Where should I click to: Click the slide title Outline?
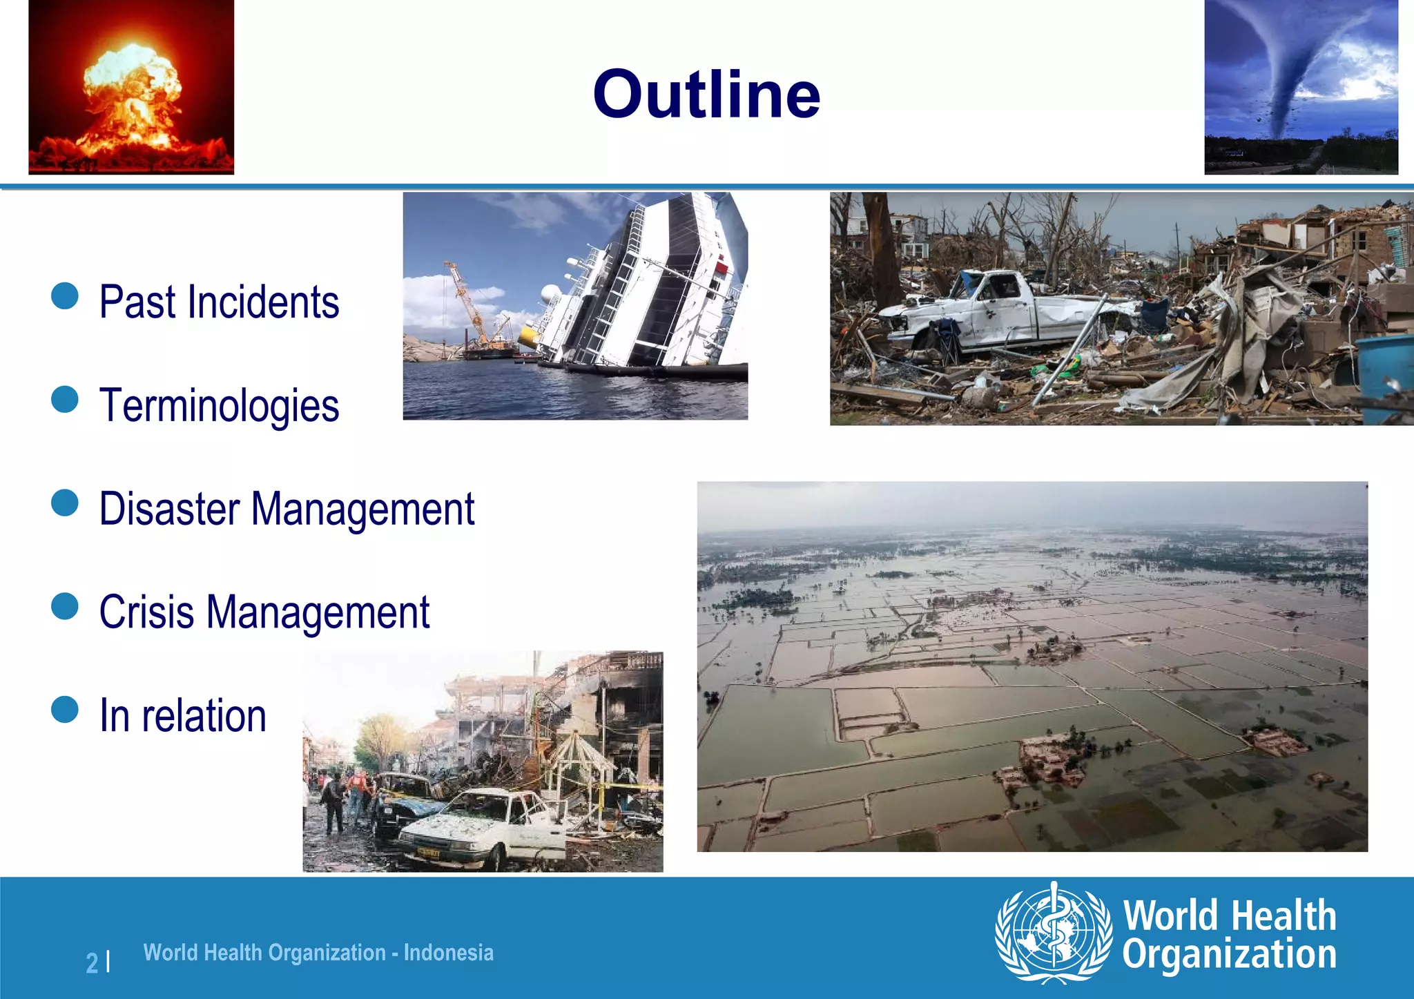706,95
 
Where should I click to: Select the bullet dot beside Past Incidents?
65,295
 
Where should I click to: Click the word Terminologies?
219,406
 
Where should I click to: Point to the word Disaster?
169,510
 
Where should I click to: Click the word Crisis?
146,612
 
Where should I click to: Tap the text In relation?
183,716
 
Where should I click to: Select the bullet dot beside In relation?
65,709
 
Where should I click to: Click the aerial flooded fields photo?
1032,666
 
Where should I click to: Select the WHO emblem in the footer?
1053,933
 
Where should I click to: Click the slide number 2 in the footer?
92,962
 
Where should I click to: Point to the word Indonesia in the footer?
449,953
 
